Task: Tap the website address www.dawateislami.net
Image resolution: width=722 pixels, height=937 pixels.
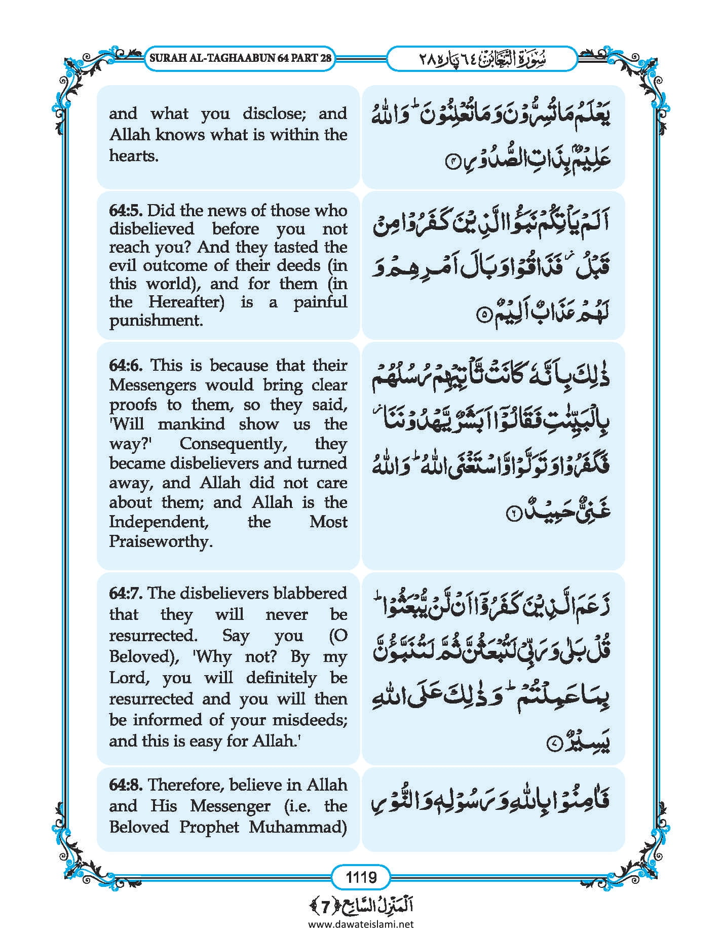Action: click(x=361, y=924)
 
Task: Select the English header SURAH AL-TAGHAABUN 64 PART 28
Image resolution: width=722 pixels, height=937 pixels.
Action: click(x=241, y=58)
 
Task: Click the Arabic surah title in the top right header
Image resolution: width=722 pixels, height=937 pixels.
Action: click(x=482, y=58)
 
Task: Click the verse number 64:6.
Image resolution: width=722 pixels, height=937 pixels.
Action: click(x=127, y=365)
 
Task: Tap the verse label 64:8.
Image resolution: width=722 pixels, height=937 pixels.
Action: click(x=126, y=785)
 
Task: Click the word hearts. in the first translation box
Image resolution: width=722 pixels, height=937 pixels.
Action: click(x=134, y=155)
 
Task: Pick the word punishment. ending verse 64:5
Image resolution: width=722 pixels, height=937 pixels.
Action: click(x=156, y=320)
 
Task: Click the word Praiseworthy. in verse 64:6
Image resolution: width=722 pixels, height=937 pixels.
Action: click(x=161, y=541)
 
